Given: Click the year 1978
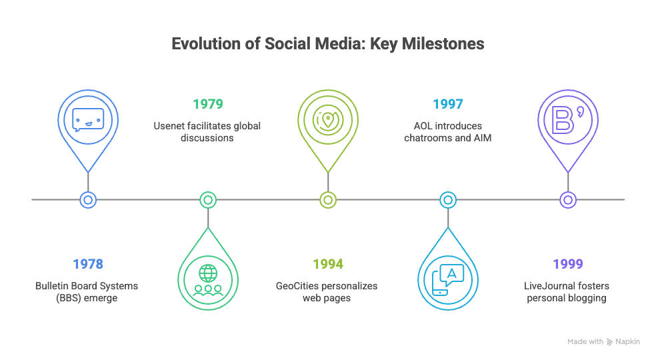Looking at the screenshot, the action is (88, 264).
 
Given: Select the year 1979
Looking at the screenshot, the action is (208, 104).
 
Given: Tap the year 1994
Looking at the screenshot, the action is (328, 264).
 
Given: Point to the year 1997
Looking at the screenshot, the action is (447, 104).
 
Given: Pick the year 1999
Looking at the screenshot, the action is (568, 264).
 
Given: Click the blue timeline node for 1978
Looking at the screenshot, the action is (88, 200).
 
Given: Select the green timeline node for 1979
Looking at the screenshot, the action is (208, 200).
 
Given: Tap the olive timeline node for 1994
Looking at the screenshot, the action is (328, 200).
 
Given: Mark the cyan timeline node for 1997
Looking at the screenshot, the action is (447, 200).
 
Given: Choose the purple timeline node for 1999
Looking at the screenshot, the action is (568, 200).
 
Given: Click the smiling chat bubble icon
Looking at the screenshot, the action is (88, 120).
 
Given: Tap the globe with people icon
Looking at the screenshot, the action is (208, 280).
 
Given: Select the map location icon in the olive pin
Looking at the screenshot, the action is (328, 120).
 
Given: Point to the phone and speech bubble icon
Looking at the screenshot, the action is (447, 280).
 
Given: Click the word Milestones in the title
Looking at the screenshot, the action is (443, 44).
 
